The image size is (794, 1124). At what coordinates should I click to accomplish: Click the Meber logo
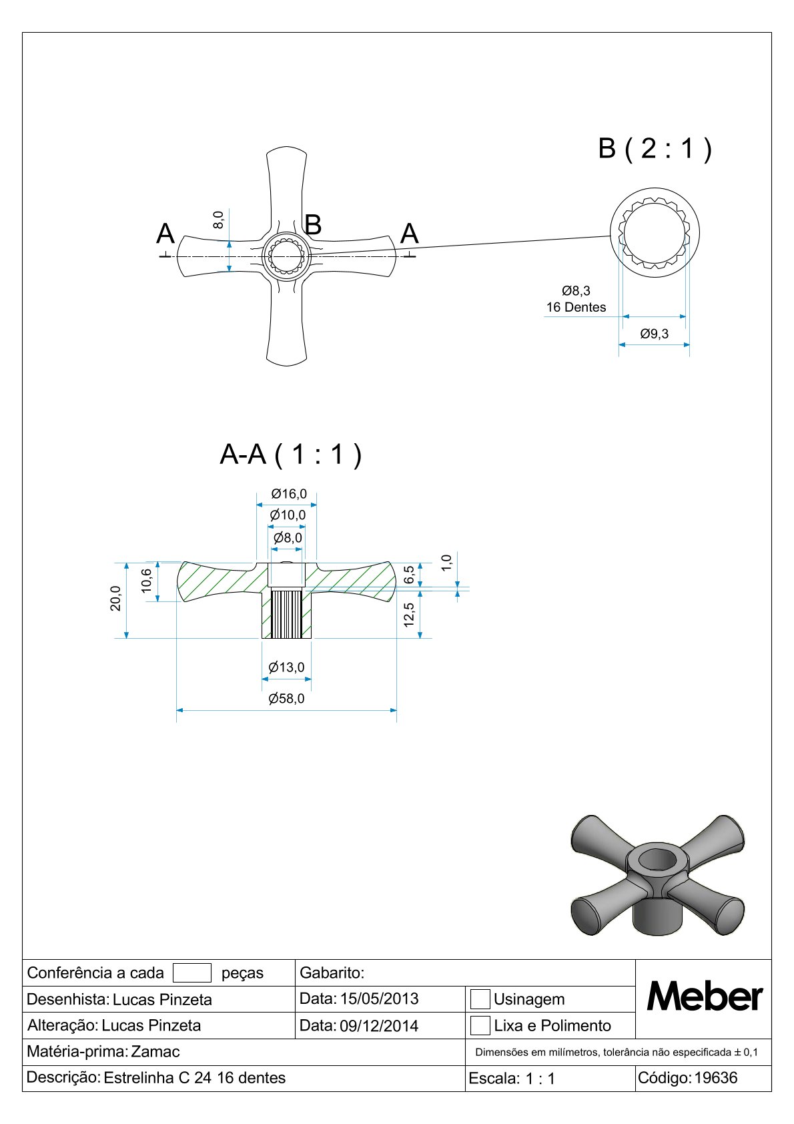[x=704, y=996]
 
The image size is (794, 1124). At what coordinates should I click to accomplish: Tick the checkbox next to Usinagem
[x=480, y=999]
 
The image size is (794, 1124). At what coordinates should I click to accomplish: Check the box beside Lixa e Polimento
[x=480, y=1025]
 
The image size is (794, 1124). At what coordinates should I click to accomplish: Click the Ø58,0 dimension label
[x=286, y=698]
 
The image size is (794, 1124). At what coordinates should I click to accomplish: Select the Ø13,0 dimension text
[x=286, y=667]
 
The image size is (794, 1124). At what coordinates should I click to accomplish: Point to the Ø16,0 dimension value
[x=288, y=494]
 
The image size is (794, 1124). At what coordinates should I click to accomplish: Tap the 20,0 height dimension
[x=115, y=598]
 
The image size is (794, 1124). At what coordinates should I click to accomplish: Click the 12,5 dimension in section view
[x=409, y=614]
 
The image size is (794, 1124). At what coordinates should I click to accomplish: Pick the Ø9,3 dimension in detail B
[x=654, y=334]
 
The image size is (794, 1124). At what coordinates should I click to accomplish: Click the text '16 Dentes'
[x=576, y=307]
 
